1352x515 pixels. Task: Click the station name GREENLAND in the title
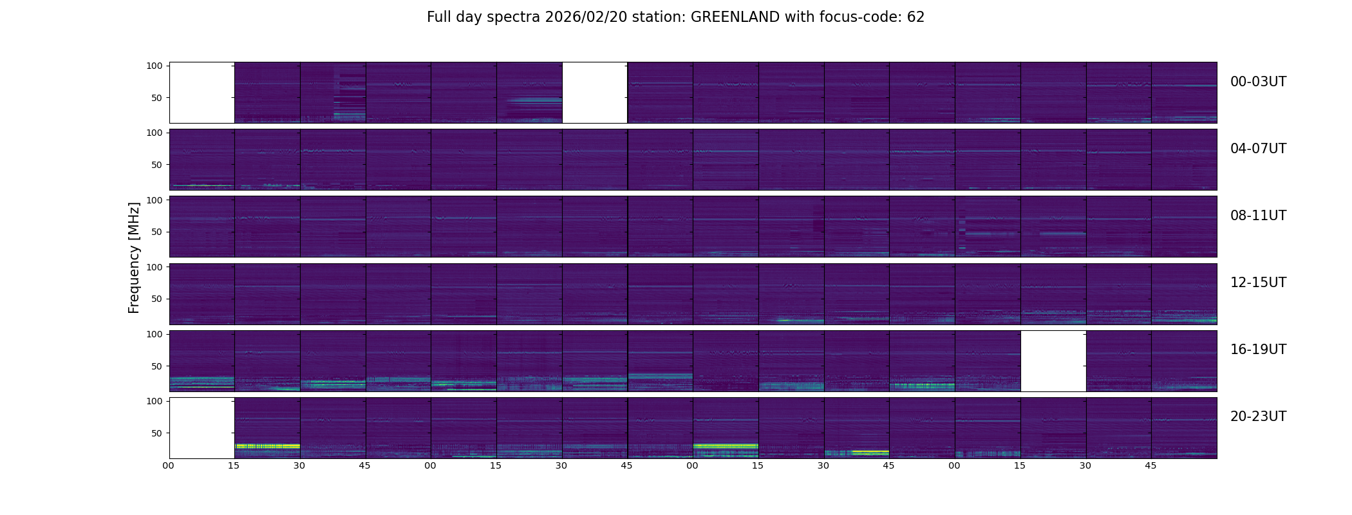(x=735, y=17)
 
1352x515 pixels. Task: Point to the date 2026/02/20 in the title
(x=590, y=17)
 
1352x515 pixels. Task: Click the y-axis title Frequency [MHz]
(x=134, y=257)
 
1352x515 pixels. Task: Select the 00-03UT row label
(x=1258, y=82)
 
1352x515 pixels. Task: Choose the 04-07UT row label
(x=1258, y=149)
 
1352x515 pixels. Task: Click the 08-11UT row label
(x=1258, y=216)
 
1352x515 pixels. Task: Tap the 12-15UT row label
(x=1258, y=283)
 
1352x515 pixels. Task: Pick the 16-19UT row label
(x=1258, y=350)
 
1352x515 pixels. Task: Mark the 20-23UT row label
(x=1258, y=417)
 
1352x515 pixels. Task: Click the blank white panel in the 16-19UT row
(x=1053, y=361)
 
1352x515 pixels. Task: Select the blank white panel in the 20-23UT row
(x=202, y=428)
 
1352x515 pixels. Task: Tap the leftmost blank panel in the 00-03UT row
(x=202, y=93)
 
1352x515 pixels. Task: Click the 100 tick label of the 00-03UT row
(x=155, y=66)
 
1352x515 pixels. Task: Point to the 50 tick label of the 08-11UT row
(x=157, y=232)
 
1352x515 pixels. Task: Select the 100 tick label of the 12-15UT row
(x=155, y=267)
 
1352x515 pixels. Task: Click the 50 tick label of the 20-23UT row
(x=157, y=433)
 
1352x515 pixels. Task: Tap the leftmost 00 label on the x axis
(x=169, y=466)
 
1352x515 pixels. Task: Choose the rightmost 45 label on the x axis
(x=1151, y=466)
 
